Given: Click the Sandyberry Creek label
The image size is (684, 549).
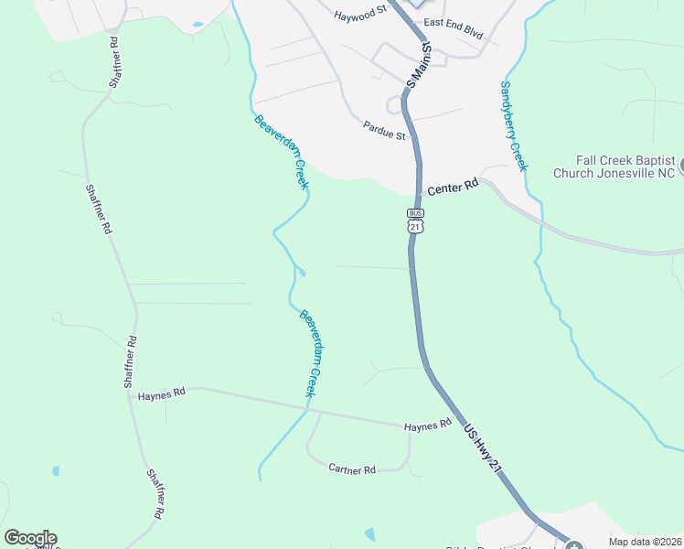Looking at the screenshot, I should [x=513, y=125].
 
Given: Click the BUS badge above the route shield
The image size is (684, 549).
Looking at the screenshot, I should [x=416, y=213].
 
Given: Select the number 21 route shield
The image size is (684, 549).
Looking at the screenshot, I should [x=416, y=226].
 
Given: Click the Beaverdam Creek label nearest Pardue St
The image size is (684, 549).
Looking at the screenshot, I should [x=282, y=152].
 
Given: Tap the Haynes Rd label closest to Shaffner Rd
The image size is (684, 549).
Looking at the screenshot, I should [x=162, y=393].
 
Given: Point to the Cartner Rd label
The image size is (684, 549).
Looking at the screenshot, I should [x=352, y=469].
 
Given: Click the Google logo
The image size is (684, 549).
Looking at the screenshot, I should [x=30, y=538].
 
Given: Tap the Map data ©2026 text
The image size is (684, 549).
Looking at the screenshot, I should [x=645, y=542].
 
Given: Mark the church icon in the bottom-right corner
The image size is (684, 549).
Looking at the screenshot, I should [x=573, y=547].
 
